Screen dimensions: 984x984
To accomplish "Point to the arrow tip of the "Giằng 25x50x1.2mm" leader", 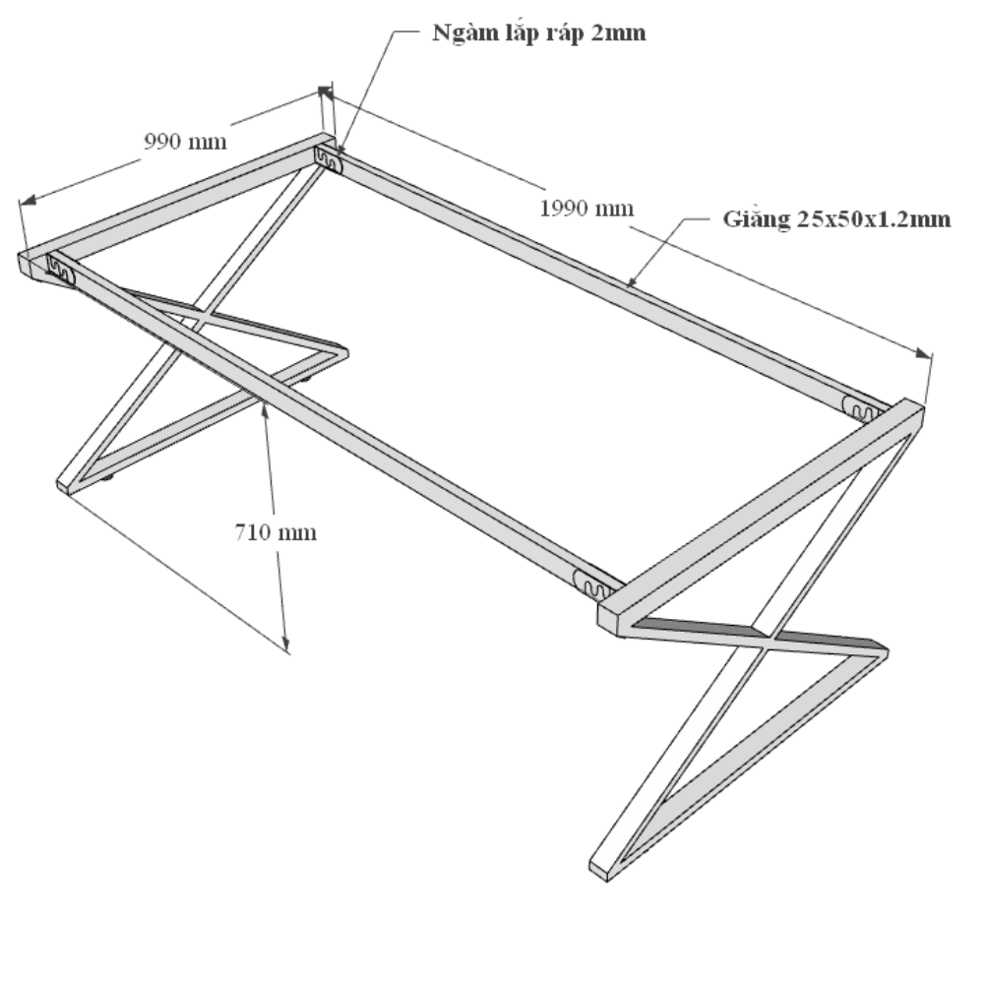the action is click(628, 286).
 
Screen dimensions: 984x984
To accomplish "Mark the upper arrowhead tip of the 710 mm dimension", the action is click(264, 402).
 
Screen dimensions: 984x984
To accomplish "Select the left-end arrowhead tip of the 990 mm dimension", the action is click(20, 203).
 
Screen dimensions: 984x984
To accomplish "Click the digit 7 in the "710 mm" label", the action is click(241, 532).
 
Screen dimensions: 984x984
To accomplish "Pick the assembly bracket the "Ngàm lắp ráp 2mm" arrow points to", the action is click(329, 160).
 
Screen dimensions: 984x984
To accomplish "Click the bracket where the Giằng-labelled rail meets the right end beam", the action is click(863, 408).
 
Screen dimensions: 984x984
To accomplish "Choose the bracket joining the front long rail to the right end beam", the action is click(593, 584).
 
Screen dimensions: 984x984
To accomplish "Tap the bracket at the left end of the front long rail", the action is click(61, 269).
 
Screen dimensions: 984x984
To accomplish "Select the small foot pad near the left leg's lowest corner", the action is click(107, 477).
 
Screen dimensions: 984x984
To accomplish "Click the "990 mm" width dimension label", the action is click(185, 141).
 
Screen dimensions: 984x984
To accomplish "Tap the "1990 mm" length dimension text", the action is click(586, 208).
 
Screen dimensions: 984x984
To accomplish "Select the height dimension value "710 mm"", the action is click(276, 532).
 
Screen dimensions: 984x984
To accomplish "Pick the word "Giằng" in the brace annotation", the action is click(756, 219).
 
